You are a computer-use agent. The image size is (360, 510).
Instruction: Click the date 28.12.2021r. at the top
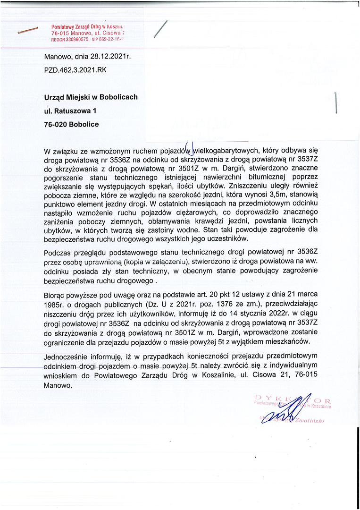110,57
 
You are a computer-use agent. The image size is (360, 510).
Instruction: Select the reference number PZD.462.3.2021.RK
75,69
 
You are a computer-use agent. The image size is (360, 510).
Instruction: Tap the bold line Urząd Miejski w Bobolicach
91,97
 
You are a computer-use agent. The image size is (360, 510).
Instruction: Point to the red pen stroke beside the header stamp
27,31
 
